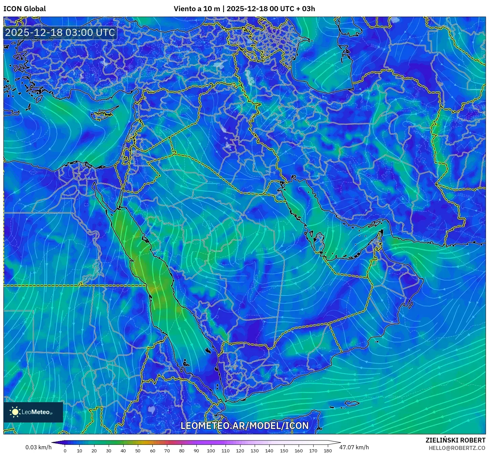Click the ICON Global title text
[x=24, y=9]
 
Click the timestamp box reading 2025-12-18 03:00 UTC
[x=60, y=33]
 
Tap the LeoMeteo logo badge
[x=33, y=412]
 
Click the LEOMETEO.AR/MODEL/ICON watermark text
[x=244, y=426]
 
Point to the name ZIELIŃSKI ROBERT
[x=455, y=440]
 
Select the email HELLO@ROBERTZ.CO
[x=457, y=448]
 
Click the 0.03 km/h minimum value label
[x=38, y=447]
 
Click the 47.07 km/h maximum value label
[x=354, y=447]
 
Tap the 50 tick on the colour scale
[x=138, y=450]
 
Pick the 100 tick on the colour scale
[x=211, y=450]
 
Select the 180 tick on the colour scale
[x=327, y=450]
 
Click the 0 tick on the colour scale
[x=65, y=450]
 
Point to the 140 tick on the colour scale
[x=269, y=450]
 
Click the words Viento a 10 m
[x=197, y=9]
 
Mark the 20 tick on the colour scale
[x=94, y=450]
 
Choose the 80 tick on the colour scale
[x=182, y=450]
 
